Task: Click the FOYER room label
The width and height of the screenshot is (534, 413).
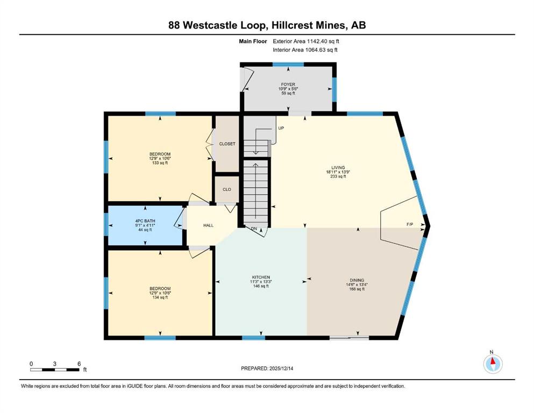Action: [x=288, y=84]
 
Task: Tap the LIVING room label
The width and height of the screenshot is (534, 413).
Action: [x=338, y=168]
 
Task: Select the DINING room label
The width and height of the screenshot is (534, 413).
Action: [x=357, y=281]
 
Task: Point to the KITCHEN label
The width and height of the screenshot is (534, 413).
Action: [x=261, y=277]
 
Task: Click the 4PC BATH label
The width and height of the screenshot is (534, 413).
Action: [x=145, y=221]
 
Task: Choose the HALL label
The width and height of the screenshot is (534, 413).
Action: [x=209, y=225]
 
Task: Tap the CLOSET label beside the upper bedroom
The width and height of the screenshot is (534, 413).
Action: [x=227, y=144]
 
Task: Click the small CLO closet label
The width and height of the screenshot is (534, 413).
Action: [x=227, y=190]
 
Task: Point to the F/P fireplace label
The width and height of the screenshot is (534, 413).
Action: [x=410, y=224]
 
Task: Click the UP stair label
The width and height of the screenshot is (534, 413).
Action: [x=281, y=129]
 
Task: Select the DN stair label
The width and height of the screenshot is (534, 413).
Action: [x=254, y=229]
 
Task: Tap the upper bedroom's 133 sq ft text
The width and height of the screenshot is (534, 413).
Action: [x=160, y=163]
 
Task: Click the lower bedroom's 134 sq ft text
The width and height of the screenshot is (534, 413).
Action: [x=160, y=297]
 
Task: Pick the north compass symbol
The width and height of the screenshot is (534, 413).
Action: [x=493, y=364]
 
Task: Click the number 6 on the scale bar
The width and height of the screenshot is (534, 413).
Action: [x=79, y=364]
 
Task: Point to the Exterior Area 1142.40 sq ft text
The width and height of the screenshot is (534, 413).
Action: [x=306, y=41]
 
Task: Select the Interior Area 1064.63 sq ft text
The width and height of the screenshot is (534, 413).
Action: [x=305, y=50]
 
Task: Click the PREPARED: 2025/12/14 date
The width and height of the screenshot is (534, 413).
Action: [x=267, y=368]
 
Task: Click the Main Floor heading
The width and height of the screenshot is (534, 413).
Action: [x=253, y=41]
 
